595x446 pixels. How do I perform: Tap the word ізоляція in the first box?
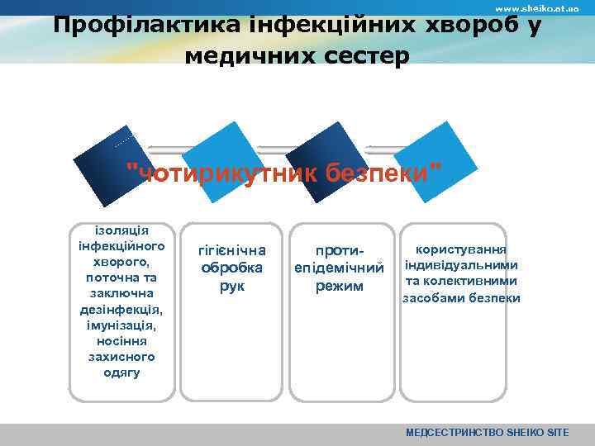coord(121,230)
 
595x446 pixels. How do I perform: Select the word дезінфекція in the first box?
coord(121,309)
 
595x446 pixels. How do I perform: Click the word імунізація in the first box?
coord(121,325)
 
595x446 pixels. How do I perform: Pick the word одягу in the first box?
coord(121,372)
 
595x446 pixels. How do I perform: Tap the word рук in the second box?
coord(232,286)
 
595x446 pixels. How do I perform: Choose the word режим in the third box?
coord(340,286)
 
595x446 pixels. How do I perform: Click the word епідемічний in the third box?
coord(340,268)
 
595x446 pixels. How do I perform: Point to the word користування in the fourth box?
coord(461,249)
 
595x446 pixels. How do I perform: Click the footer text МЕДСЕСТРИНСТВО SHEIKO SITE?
coord(498,433)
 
